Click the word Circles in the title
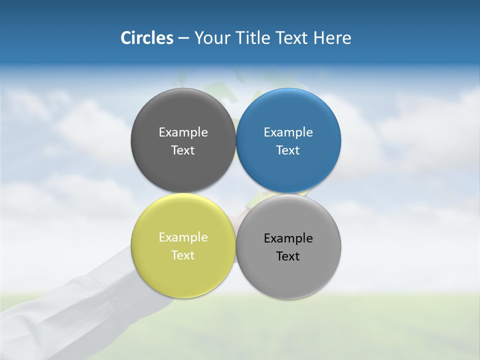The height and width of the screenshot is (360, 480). [146, 38]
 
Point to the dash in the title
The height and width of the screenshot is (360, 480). [183, 38]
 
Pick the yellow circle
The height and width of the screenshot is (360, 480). [183, 272]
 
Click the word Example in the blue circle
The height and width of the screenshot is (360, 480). [288, 132]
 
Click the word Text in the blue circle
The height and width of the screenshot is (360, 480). [288, 150]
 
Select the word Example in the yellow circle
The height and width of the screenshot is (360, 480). [183, 237]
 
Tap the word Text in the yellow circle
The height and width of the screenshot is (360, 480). [183, 255]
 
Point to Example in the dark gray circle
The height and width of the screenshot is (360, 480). [183, 132]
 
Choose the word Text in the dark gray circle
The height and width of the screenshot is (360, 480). [183, 150]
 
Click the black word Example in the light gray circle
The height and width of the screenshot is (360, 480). [288, 238]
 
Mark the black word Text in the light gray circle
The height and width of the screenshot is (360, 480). [288, 256]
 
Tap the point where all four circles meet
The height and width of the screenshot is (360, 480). [235, 193]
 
